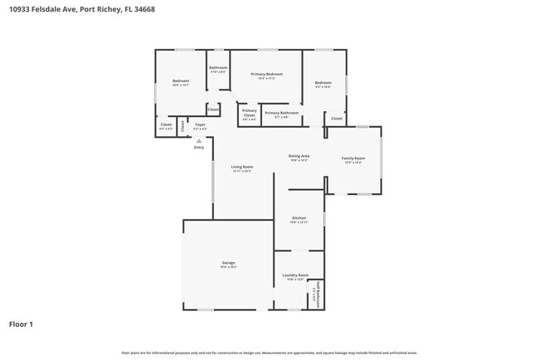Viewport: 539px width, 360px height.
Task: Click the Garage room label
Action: [228, 262]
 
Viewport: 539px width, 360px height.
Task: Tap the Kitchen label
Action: [299, 218]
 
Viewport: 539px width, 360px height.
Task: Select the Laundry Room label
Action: [296, 275]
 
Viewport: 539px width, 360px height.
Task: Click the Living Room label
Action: [241, 167]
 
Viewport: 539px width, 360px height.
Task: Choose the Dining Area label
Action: [299, 156]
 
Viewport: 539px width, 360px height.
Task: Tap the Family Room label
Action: [353, 158]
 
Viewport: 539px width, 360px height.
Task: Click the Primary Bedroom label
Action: [266, 74]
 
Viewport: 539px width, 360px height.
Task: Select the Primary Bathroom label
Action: [281, 113]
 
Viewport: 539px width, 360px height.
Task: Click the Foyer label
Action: [200, 125]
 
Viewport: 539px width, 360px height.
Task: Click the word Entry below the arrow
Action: [198, 148]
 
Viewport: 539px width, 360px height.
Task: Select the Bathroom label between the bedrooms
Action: [218, 67]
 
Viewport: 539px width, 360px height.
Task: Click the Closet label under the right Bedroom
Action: [337, 119]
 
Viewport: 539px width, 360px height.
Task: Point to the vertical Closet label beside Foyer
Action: [183, 125]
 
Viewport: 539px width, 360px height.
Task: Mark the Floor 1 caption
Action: [22, 324]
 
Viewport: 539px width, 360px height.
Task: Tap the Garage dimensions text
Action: [228, 267]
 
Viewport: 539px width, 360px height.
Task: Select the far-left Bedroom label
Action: [181, 80]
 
